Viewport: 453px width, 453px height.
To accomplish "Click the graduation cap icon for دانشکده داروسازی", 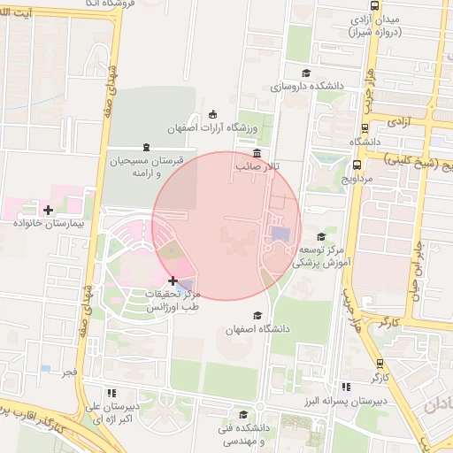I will [x=306, y=73].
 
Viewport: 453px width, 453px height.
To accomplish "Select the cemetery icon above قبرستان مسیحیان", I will [x=146, y=147].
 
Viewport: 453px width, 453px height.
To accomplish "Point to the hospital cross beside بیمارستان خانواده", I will [x=48, y=210].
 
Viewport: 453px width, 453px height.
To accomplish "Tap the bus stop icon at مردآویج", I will [x=356, y=165].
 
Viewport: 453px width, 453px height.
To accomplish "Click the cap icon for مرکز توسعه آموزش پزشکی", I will [x=320, y=236].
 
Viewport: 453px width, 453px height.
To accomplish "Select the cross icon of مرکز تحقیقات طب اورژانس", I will [x=173, y=280].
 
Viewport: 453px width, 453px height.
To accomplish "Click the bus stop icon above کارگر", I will [x=380, y=363].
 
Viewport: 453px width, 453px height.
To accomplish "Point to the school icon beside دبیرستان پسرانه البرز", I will [x=346, y=387].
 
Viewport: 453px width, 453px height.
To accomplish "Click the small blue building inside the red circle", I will [x=280, y=234].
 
